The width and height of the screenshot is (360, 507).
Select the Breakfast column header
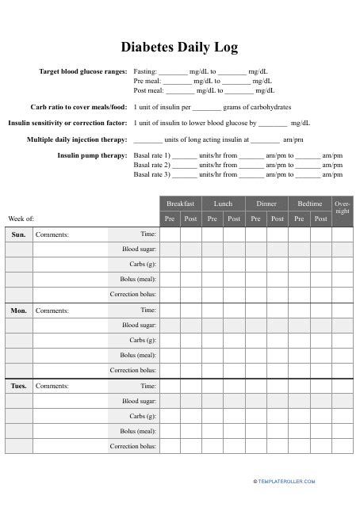pos(180,204)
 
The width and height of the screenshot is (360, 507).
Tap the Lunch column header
pos(223,204)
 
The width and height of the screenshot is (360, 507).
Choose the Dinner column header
pos(266,204)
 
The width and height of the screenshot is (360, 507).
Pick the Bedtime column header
pos(309,204)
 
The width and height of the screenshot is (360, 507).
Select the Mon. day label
pos(19,311)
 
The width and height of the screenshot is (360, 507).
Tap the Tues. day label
pos(19,386)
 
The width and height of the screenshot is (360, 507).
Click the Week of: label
pos(21,218)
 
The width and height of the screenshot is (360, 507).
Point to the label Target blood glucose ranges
pos(82,71)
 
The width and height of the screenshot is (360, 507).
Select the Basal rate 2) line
pos(239,165)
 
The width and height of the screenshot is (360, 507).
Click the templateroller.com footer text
pos(285,481)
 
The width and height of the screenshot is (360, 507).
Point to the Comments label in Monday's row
pos(52,311)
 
